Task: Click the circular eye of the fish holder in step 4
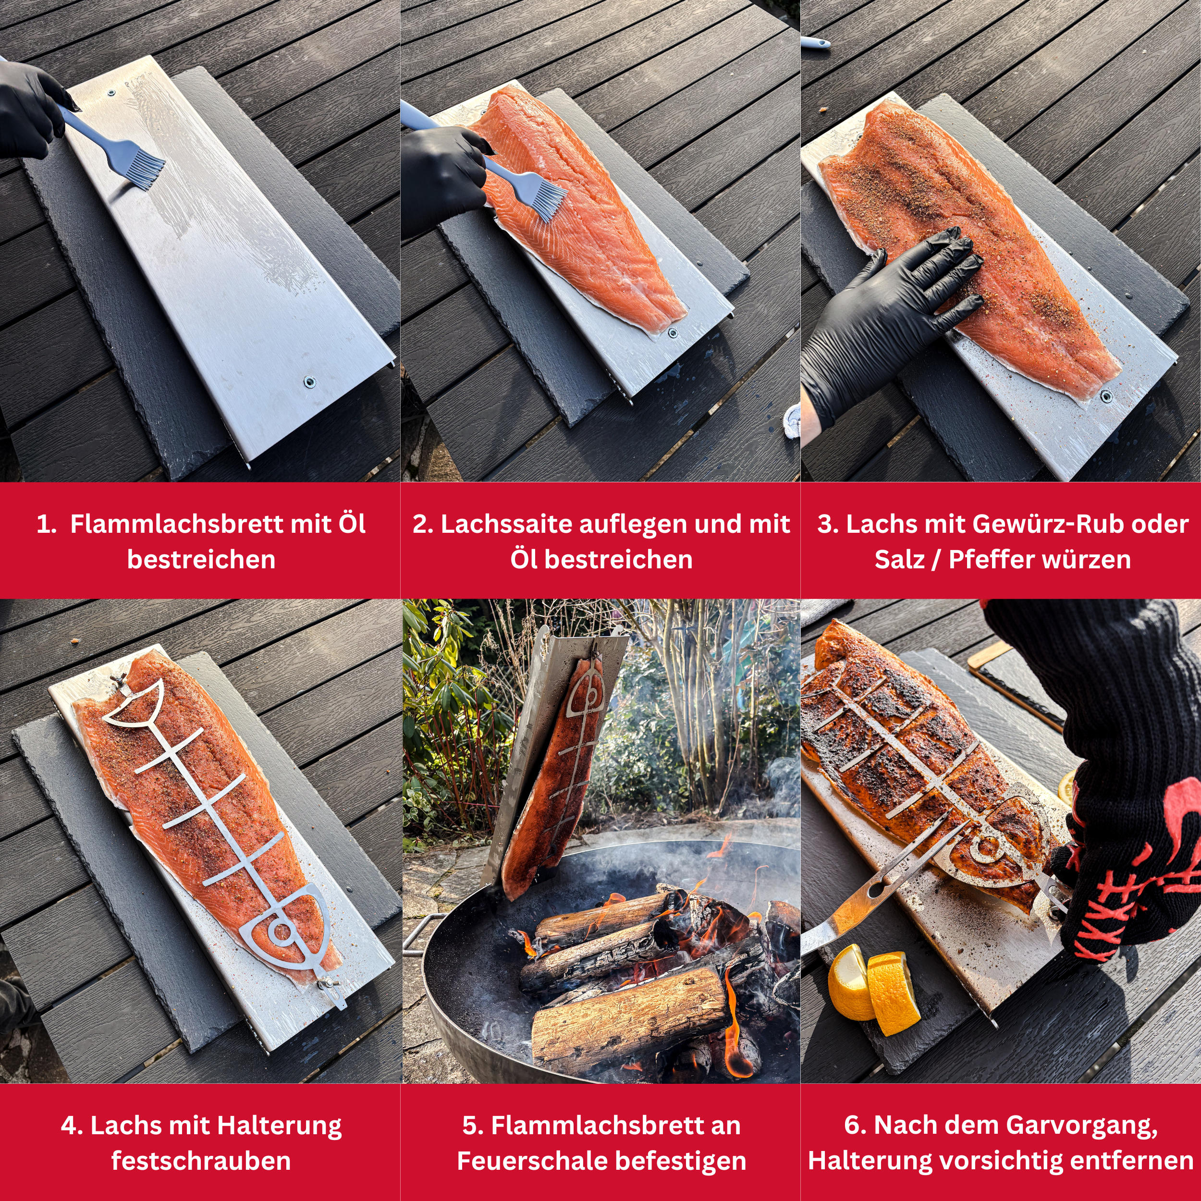pyautogui.click(x=281, y=931)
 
